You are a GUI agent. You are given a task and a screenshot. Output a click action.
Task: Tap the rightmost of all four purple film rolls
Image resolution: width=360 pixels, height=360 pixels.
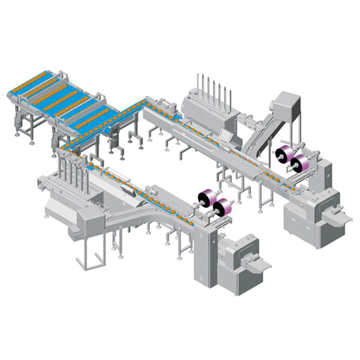[x=298, y=161]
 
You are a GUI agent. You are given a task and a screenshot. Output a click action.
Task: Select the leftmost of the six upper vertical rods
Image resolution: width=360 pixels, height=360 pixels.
[x=198, y=84]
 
